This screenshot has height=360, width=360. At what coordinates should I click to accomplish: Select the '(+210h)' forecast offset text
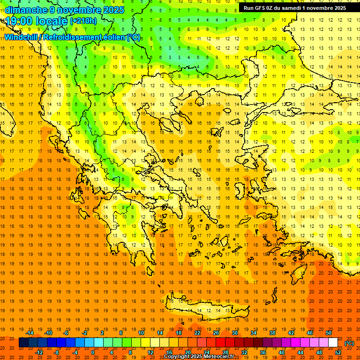(83, 21)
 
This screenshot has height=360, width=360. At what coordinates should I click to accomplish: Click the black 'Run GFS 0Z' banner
(294, 8)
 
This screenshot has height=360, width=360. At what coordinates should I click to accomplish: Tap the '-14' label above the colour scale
(30, 333)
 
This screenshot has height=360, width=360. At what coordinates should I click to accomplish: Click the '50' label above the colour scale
(328, 333)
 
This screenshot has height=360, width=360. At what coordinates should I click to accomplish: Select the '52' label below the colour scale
(338, 352)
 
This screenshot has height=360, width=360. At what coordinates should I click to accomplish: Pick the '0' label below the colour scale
(92, 352)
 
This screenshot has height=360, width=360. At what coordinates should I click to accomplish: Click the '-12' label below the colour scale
(39, 352)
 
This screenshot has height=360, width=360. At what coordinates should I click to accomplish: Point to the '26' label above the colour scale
(216, 333)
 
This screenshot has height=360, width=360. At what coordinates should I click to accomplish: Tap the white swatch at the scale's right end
(333, 343)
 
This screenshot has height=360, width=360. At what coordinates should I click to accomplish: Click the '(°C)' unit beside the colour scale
(349, 343)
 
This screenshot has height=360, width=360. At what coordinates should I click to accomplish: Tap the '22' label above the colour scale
(197, 333)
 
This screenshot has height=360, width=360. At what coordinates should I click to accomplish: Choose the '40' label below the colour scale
(282, 352)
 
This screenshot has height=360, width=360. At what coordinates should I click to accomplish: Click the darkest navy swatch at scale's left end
(23, 343)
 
